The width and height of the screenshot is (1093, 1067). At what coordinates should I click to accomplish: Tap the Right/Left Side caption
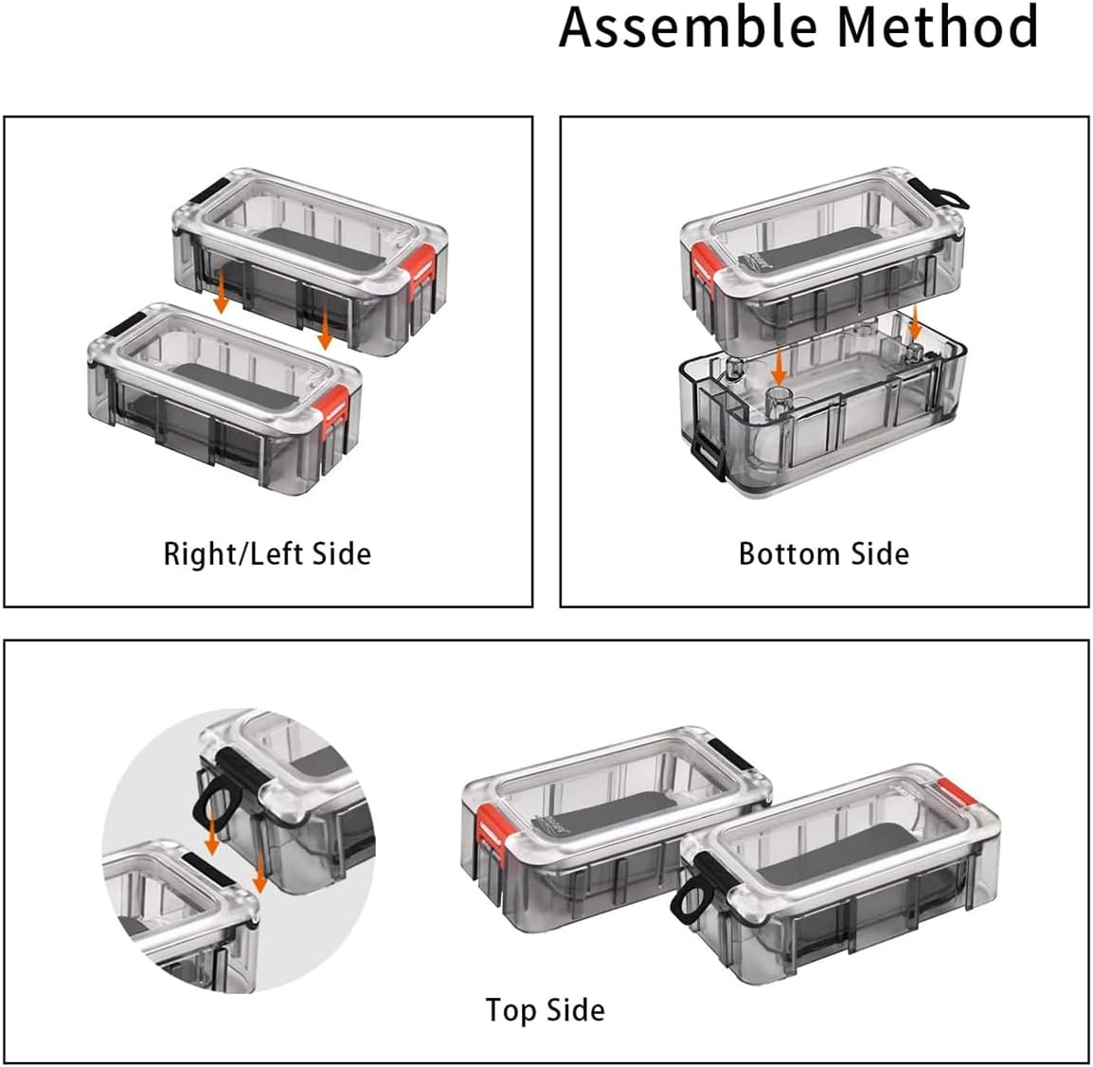click(x=267, y=553)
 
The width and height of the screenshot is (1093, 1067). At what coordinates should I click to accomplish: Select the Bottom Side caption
click(x=823, y=553)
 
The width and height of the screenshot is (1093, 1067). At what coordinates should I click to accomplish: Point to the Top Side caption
click(x=545, y=1010)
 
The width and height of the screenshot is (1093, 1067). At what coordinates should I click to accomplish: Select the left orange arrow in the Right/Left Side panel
click(x=220, y=290)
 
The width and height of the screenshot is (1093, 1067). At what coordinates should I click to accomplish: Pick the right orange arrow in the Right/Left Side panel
click(x=325, y=327)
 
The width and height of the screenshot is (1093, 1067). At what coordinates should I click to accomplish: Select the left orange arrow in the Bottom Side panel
click(x=777, y=364)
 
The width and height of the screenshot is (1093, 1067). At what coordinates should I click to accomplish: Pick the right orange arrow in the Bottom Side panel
click(x=915, y=323)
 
